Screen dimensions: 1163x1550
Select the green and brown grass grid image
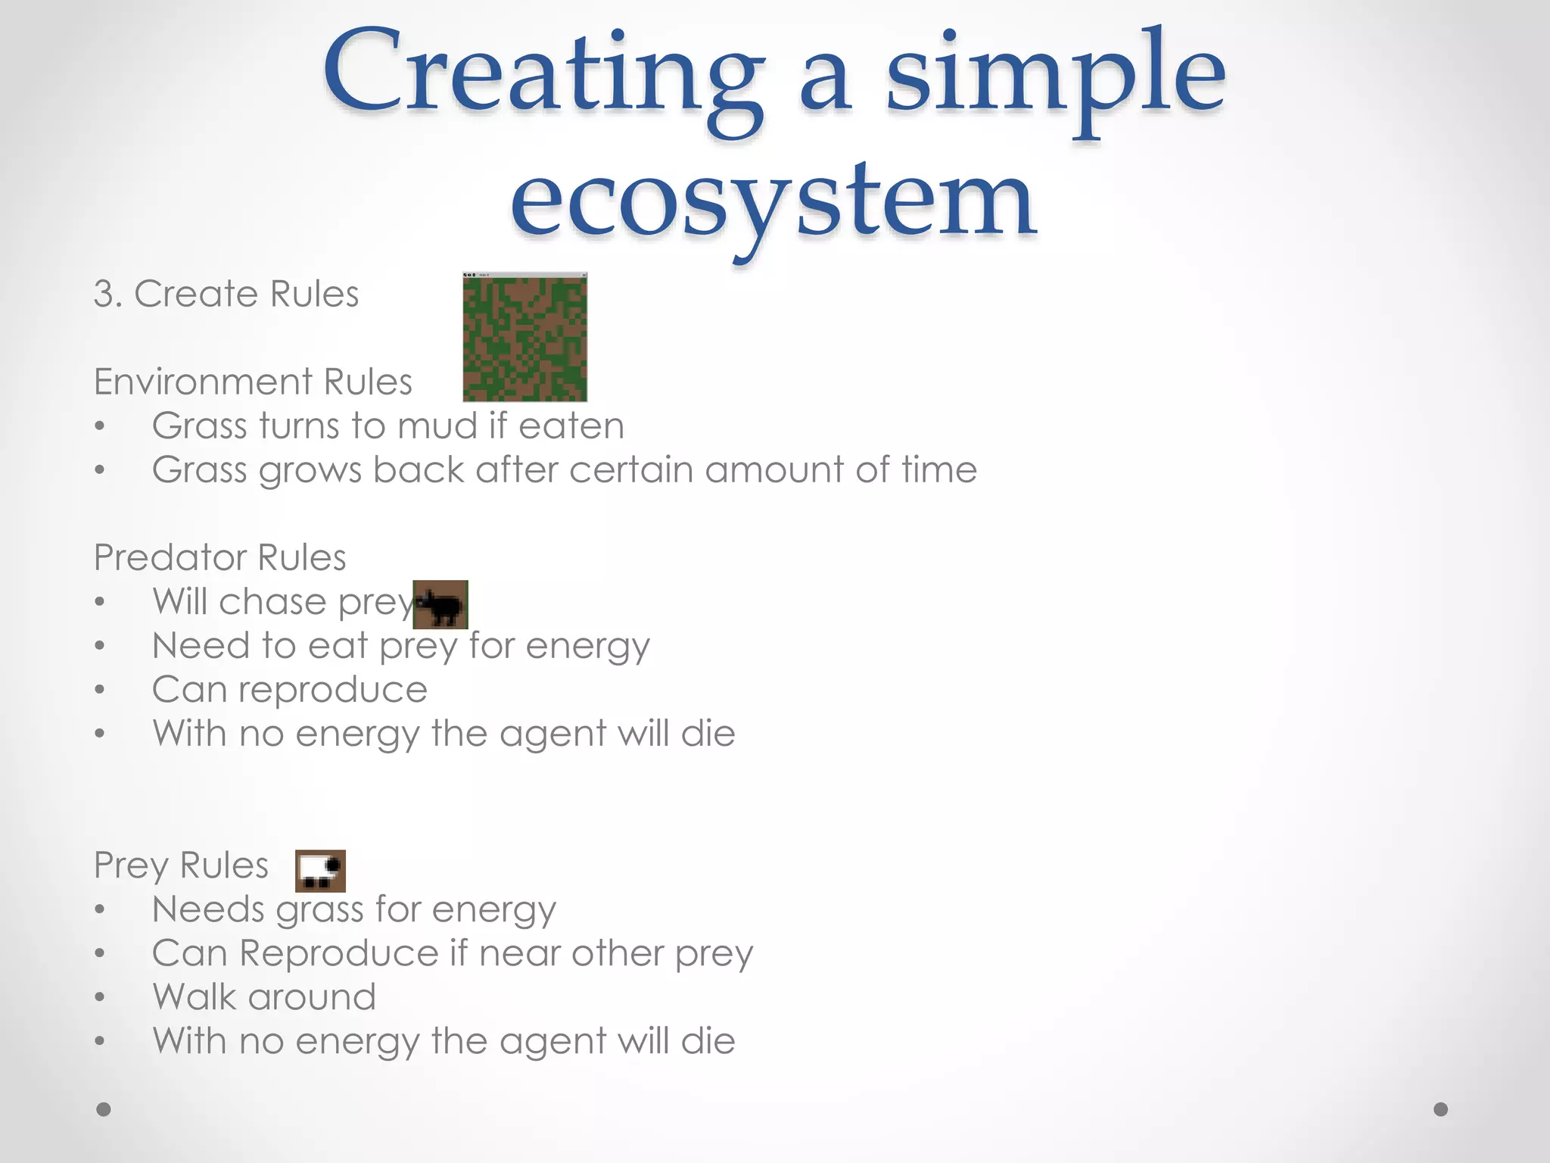pyautogui.click(x=524, y=338)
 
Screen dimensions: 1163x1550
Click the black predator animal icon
pyautogui.click(x=440, y=605)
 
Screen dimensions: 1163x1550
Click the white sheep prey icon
pyautogui.click(x=320, y=871)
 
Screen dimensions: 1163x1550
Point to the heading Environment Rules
pyautogui.click(x=253, y=382)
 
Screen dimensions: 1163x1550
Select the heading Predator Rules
pyautogui.click(x=219, y=558)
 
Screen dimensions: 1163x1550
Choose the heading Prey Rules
pyautogui.click(x=181, y=865)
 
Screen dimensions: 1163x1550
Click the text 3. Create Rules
pyautogui.click(x=226, y=294)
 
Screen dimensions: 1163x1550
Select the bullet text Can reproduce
pyautogui.click(x=289, y=690)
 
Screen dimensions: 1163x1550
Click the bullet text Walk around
pyautogui.click(x=263, y=997)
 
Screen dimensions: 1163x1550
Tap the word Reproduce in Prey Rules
pyautogui.click(x=338, y=953)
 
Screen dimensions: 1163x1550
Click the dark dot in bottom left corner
pyautogui.click(x=104, y=1109)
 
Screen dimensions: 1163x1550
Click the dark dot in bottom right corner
pyautogui.click(x=1441, y=1109)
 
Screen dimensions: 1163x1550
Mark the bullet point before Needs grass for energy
pyautogui.click(x=100, y=910)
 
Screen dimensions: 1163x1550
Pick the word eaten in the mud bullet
pyautogui.click(x=571, y=426)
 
